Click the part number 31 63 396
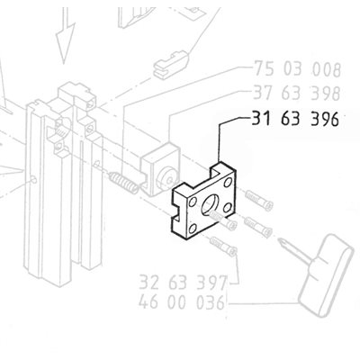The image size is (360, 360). tap(295, 119)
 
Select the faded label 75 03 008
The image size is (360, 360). tap(298, 69)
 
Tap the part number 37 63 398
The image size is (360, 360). tap(297, 93)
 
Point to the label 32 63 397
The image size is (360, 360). tap(183, 283)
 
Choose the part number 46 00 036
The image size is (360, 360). tap(182, 302)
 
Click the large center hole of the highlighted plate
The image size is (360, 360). tap(211, 205)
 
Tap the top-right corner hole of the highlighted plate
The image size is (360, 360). tap(228, 182)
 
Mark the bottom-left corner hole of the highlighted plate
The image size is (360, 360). tap(193, 229)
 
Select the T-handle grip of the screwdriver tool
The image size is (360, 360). tap(325, 275)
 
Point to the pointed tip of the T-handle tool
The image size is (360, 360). tap(280, 239)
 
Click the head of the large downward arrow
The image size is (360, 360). tap(66, 43)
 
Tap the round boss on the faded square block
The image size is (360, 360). tap(166, 177)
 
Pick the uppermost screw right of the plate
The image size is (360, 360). tap(258, 201)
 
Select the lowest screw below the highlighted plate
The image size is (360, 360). tap(224, 247)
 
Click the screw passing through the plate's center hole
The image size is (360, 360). tap(223, 220)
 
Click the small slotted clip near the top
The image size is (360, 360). tap(171, 65)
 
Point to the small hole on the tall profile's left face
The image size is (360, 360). tap(34, 180)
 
